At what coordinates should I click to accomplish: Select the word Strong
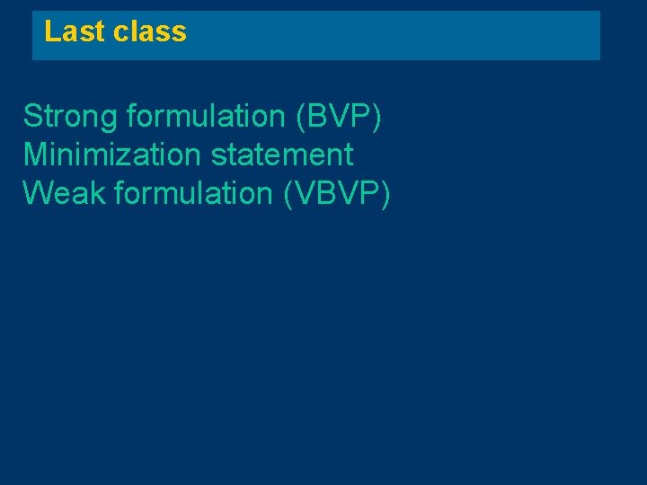pyautogui.click(x=71, y=116)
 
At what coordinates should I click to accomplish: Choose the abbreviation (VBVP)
pyautogui.click(x=337, y=193)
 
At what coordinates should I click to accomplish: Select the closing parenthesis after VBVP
pyautogui.click(x=386, y=194)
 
